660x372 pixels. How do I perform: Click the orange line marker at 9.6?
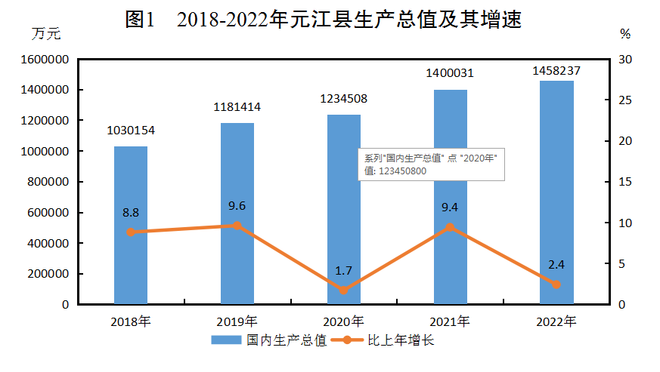pos(237,226)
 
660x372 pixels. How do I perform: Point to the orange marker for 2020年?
pos(344,291)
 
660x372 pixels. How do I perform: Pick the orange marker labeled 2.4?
pos(556,284)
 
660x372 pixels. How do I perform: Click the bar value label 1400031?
pos(450,73)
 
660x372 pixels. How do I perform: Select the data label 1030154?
pos(131,130)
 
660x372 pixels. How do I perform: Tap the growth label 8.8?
pos(131,213)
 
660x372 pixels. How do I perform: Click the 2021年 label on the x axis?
pos(450,321)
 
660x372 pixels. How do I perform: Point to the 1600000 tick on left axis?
pos(48,60)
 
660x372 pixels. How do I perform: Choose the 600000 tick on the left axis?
pos(51,213)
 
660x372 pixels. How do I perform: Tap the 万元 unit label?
pos(45,33)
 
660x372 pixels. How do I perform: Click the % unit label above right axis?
pos(624,34)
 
